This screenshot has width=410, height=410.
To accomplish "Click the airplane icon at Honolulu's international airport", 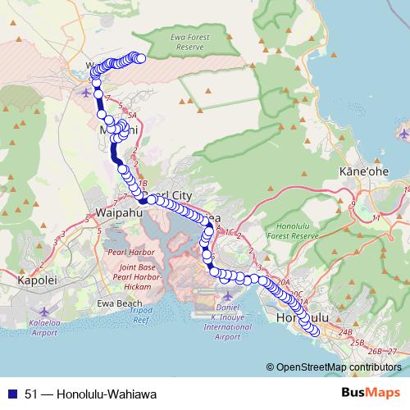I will (x=227, y=294).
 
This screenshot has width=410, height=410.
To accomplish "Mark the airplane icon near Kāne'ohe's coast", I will (x=403, y=132).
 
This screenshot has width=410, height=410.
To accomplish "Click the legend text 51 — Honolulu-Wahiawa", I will (x=79, y=393).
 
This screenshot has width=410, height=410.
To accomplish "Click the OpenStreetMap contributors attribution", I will (x=336, y=367).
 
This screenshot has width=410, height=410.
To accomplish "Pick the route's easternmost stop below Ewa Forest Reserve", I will (x=140, y=57).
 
